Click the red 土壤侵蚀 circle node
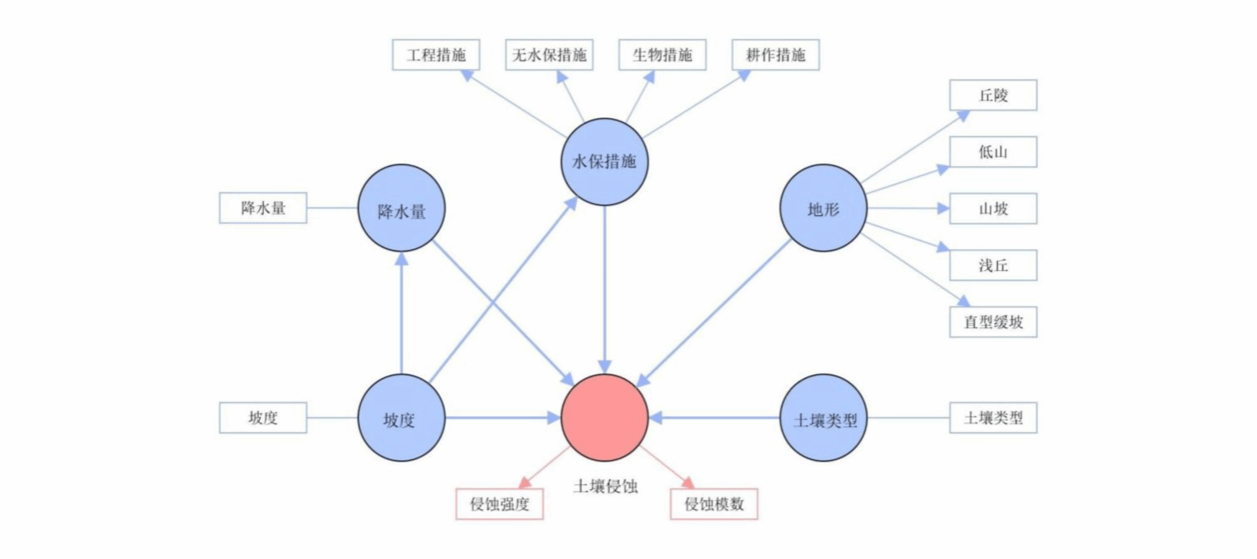point(604,418)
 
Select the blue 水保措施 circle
point(604,162)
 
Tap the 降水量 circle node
point(402,208)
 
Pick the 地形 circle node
point(824,208)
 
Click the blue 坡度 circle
point(402,418)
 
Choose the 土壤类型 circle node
point(824,418)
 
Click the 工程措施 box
point(436,55)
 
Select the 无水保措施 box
point(548,55)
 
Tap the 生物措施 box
point(662,55)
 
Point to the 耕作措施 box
point(775,55)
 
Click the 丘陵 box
point(993,96)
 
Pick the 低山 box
point(993,152)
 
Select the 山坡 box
point(993,208)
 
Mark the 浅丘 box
point(993,265)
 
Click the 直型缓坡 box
point(993,321)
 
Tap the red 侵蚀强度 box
point(500,504)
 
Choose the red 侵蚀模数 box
point(714,504)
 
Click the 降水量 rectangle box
point(263,208)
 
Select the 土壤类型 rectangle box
point(993,418)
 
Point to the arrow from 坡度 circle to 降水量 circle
point(402,316)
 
